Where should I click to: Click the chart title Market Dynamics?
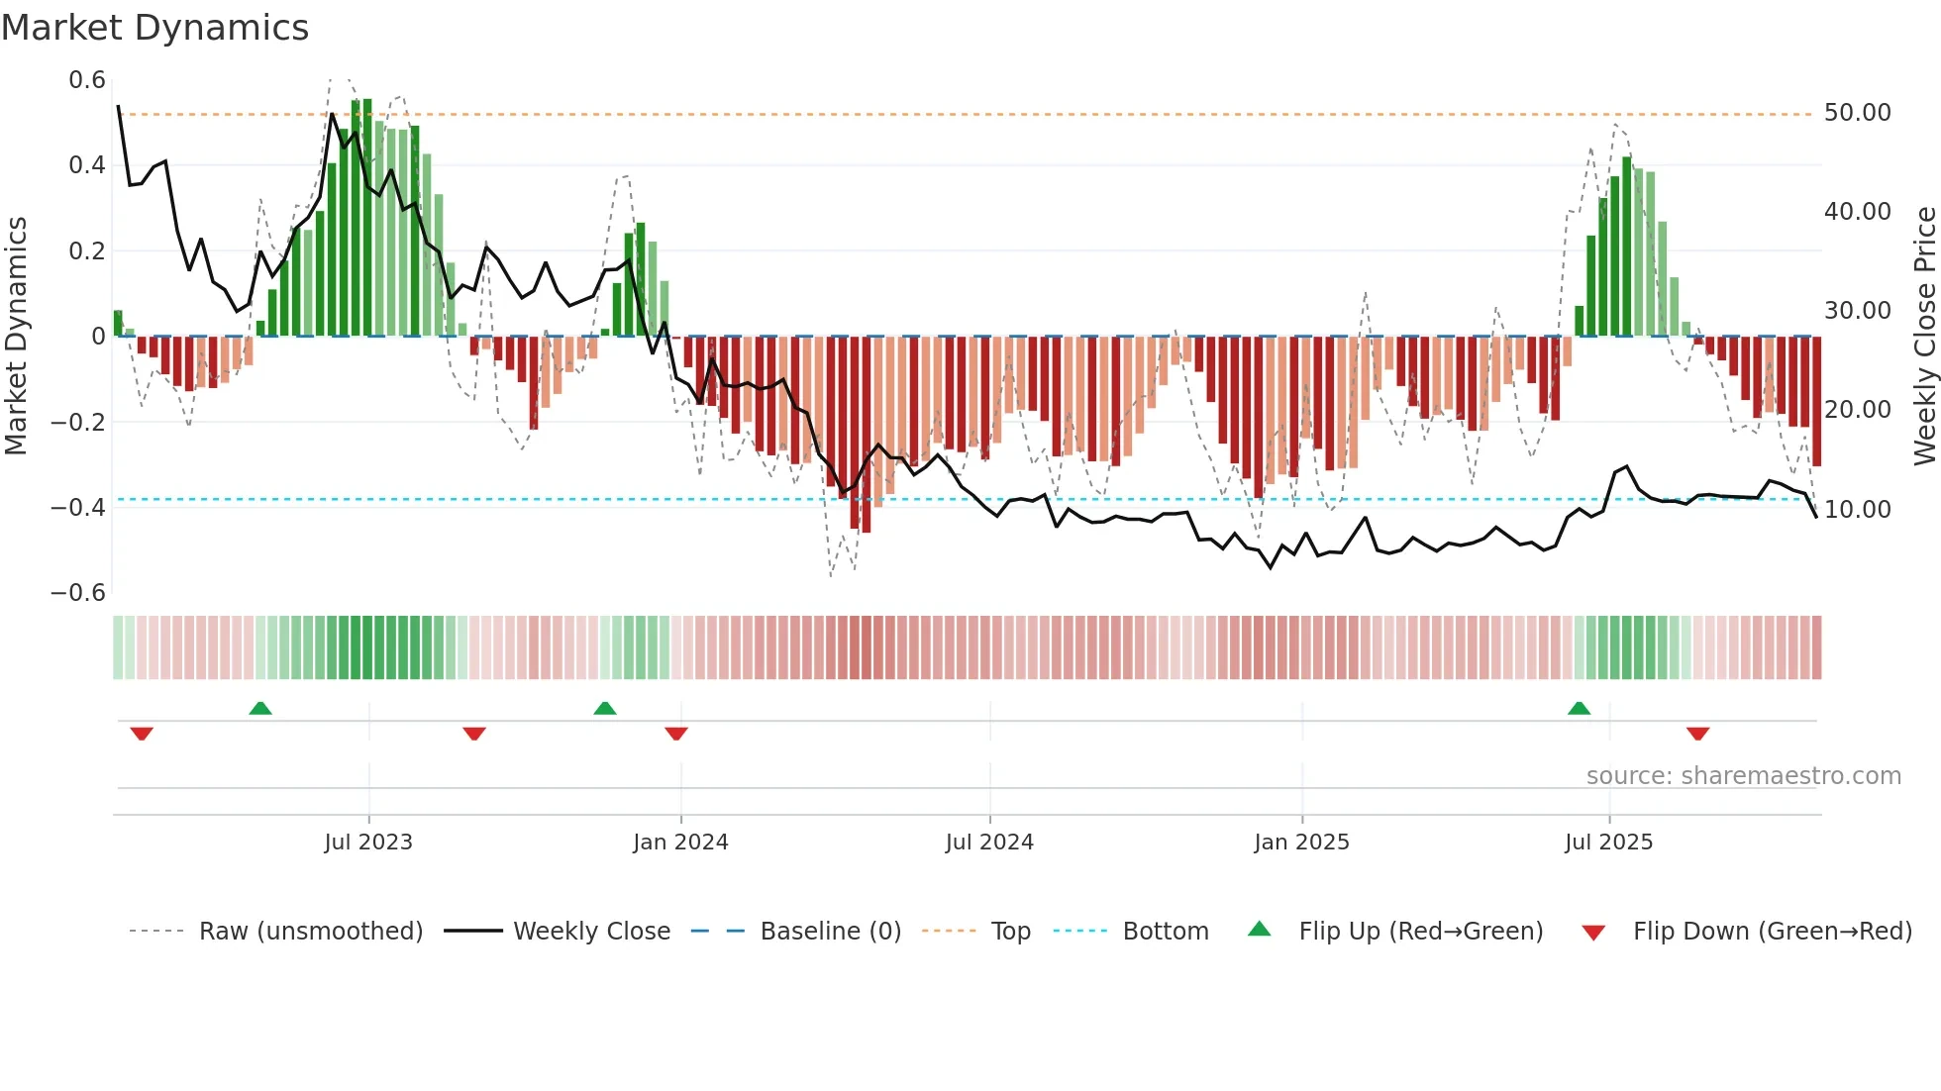[x=154, y=28]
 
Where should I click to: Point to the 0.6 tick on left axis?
[x=87, y=80]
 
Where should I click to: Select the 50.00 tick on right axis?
[x=1857, y=113]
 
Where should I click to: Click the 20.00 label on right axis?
[x=1857, y=410]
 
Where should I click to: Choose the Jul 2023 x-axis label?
[x=368, y=843]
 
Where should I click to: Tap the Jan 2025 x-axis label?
[x=1301, y=843]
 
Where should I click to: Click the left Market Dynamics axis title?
[x=16, y=337]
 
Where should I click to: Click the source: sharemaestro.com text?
[x=1743, y=776]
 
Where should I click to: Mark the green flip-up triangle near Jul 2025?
[x=1580, y=709]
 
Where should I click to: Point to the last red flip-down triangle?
[x=1698, y=734]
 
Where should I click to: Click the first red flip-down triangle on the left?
[x=142, y=734]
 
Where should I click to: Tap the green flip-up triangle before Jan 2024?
[x=605, y=709]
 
